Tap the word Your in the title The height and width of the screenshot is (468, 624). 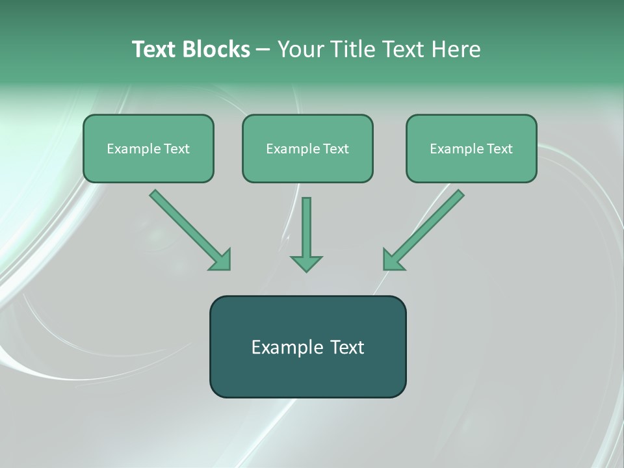(x=299, y=49)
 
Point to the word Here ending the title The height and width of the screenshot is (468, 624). (x=456, y=49)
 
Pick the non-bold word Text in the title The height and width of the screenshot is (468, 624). (x=402, y=49)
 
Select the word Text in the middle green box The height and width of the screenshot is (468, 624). (x=336, y=149)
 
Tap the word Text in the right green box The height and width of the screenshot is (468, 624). (x=500, y=149)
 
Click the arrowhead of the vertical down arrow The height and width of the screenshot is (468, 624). (x=306, y=263)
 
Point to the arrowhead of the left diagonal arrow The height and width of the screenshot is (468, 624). (x=221, y=259)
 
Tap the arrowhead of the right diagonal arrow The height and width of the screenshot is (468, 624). (x=393, y=259)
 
